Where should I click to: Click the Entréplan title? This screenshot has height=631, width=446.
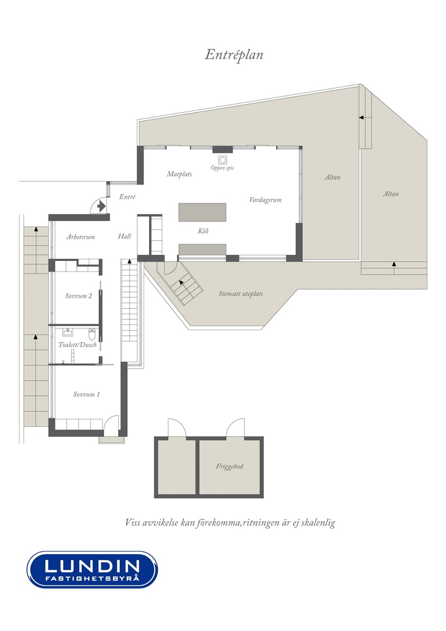[x=234, y=55]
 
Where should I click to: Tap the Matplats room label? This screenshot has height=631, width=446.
[x=179, y=174]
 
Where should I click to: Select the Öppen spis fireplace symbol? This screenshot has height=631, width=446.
[x=223, y=160]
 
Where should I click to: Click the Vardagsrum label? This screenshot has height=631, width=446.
[x=265, y=200]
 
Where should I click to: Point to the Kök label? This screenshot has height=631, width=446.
[x=203, y=231]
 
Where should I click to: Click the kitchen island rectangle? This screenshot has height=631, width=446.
[x=202, y=212]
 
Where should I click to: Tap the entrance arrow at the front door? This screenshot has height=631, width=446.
[x=101, y=206]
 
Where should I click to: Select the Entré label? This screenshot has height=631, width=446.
[x=127, y=196]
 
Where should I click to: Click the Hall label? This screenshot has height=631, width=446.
[x=124, y=236]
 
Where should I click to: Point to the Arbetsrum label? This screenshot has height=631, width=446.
[x=81, y=237]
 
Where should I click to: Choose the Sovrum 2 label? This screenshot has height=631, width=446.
[x=79, y=296]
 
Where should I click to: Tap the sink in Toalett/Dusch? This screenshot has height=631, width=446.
[x=68, y=332]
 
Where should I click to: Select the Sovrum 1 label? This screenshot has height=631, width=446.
[x=86, y=394]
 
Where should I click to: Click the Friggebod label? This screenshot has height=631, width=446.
[x=229, y=467]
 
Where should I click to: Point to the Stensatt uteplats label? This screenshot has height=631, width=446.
[x=241, y=294]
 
